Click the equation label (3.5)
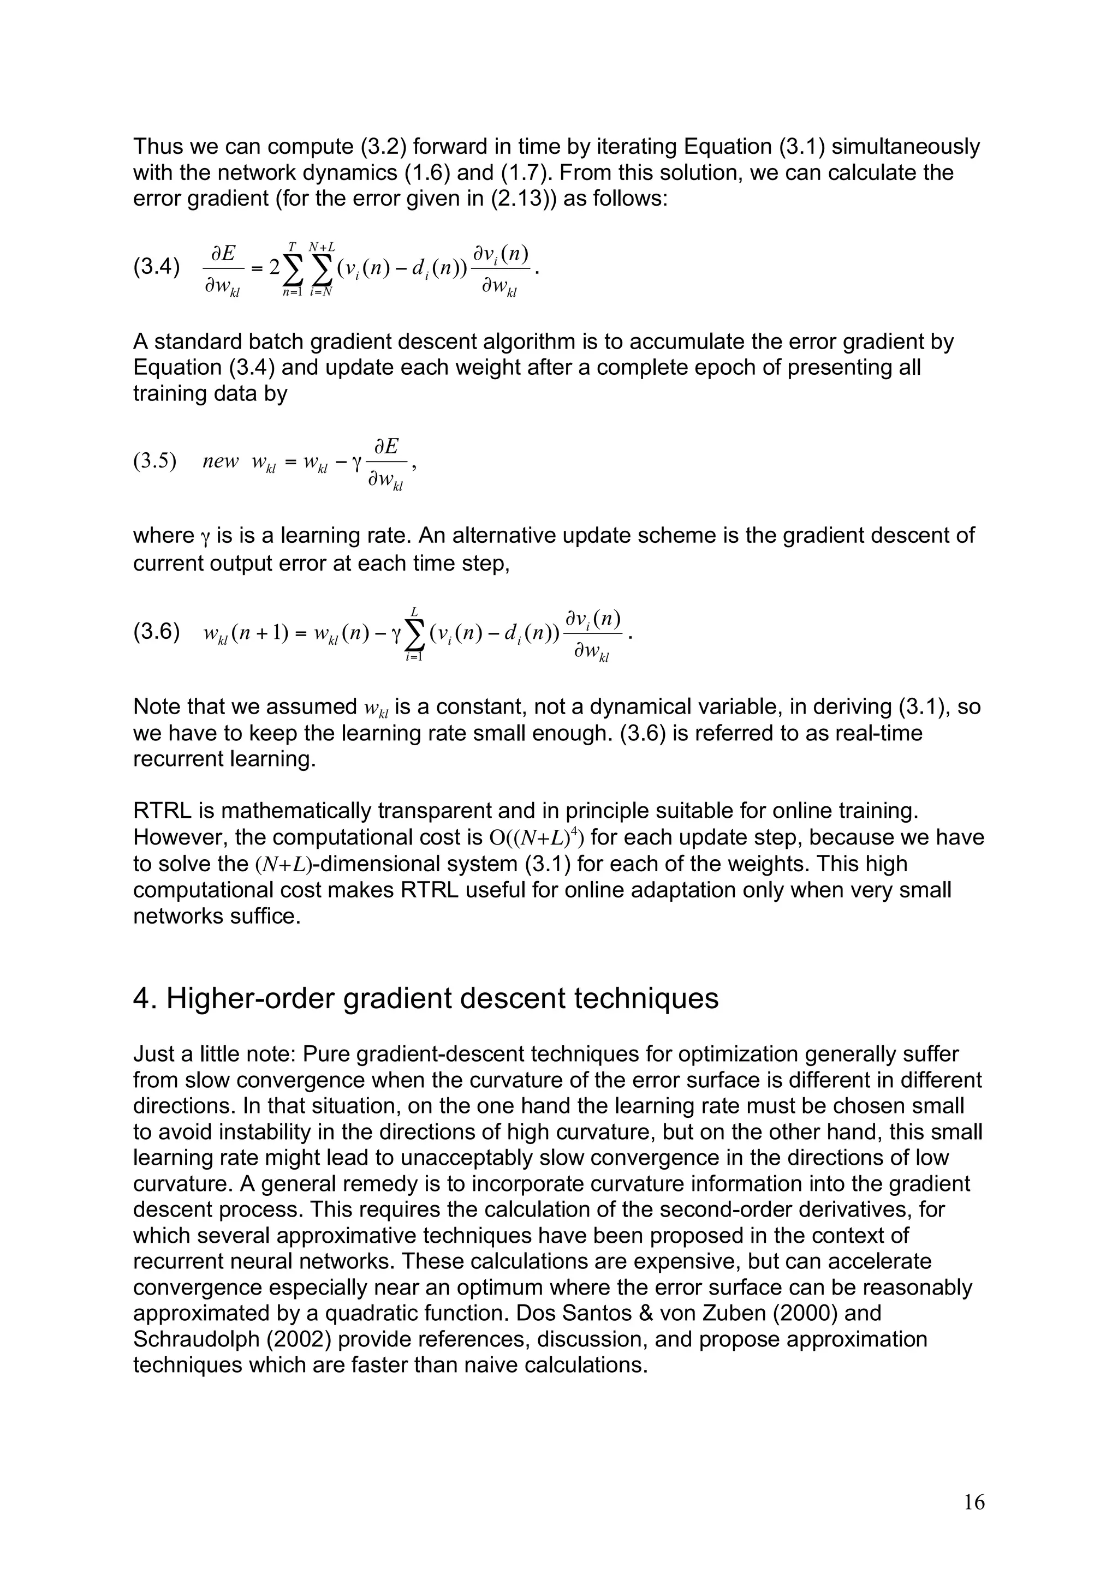[154, 462]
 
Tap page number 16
[974, 1502]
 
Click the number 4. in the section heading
[145, 998]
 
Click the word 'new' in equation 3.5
[221, 462]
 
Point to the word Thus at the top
[158, 147]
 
